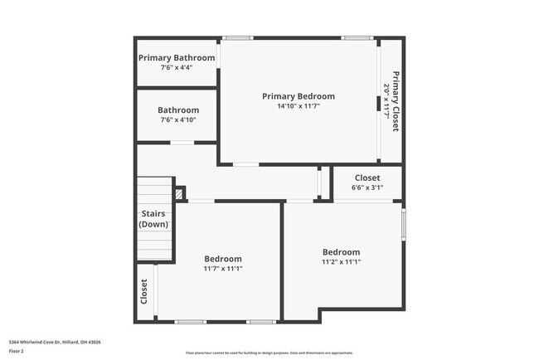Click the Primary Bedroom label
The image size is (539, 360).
[299, 96]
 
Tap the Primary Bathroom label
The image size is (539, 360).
[177, 58]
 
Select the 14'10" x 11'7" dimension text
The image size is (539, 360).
[299, 106]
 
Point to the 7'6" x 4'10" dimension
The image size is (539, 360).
[178, 120]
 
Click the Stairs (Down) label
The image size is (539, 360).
[154, 219]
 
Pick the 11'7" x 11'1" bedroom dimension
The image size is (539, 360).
[223, 269]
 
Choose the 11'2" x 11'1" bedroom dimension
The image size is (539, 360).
[341, 262]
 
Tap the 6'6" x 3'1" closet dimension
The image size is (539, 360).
[367, 187]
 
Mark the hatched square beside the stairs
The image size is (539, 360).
[179, 194]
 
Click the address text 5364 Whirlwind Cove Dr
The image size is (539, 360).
[49, 341]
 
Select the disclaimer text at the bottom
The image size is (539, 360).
[269, 353]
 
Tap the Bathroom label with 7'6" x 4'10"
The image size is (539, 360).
[178, 110]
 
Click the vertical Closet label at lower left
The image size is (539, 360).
[144, 291]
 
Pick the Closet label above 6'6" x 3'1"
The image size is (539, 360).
[367, 178]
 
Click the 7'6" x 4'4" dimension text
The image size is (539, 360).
[177, 67]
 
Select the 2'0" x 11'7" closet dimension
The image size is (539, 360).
[386, 101]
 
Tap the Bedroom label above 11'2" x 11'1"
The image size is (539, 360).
[341, 252]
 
